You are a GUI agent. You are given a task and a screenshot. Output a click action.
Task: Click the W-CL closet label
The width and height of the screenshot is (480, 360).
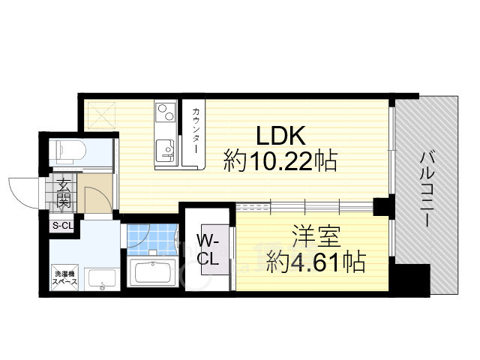208,248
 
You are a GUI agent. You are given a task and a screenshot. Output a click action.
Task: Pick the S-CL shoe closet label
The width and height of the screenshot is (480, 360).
61,225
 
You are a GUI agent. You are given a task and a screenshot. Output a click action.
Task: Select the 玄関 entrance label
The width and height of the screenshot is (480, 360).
62,193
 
